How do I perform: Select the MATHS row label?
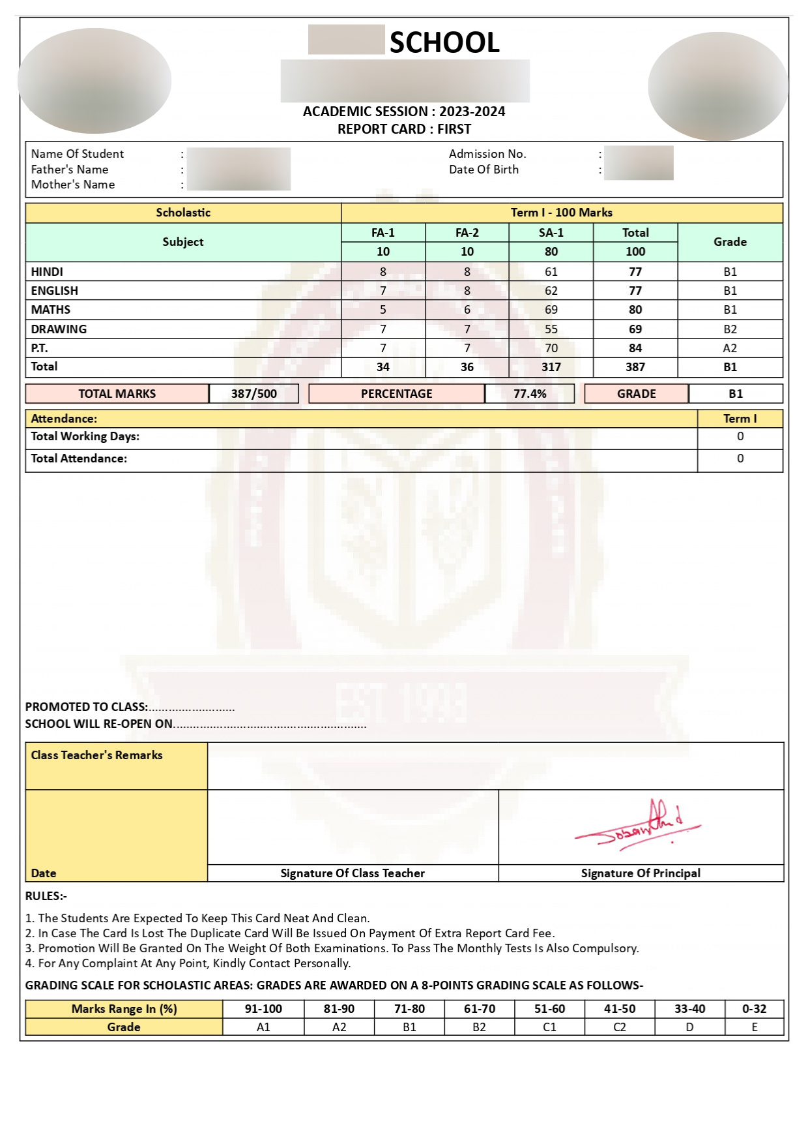click(51, 310)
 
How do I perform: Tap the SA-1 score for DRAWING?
click(551, 329)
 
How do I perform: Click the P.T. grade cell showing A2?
click(730, 348)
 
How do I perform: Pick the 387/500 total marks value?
click(254, 394)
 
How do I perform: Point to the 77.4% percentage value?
click(530, 394)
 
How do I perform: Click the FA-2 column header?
click(467, 233)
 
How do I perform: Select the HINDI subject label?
click(47, 272)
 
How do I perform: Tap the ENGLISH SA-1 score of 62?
click(551, 291)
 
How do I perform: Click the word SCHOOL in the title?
click(444, 43)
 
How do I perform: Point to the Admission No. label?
click(487, 154)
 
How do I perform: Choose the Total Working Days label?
click(85, 436)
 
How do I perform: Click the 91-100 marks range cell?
click(263, 1009)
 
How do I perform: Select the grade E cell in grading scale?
click(755, 1027)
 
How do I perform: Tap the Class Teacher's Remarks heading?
click(97, 755)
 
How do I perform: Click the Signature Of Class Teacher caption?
click(353, 873)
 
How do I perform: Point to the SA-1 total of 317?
click(551, 367)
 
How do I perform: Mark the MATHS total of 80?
click(635, 310)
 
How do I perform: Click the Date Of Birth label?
click(483, 170)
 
